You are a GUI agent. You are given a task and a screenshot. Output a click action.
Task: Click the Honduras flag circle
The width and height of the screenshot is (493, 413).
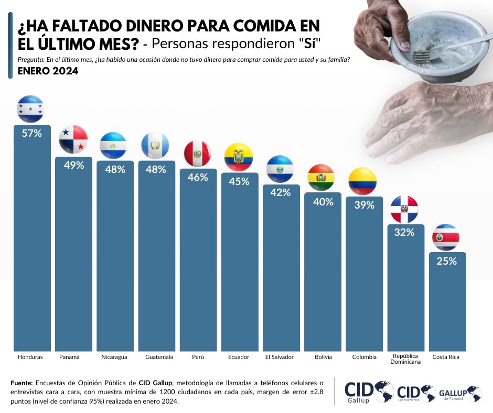[30, 109]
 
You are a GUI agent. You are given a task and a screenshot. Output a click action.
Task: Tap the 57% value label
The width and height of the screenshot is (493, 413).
[31, 134]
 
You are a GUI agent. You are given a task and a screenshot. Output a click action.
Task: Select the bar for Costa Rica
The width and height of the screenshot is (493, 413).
[447, 304]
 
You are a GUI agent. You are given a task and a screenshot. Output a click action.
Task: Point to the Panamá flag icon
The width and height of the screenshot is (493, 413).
[73, 139]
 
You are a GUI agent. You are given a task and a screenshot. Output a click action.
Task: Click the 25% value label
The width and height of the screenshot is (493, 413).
[447, 261]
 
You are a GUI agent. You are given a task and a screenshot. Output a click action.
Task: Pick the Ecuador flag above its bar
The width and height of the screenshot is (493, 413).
[239, 156]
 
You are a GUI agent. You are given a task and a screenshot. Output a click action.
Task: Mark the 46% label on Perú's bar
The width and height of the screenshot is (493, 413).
[198, 178]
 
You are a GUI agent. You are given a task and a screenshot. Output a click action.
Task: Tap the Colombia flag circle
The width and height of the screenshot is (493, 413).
[362, 180]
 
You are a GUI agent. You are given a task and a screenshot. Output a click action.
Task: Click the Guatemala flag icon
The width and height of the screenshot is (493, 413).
[156, 145]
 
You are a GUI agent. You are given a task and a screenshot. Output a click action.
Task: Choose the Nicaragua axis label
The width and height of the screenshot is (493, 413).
[114, 357]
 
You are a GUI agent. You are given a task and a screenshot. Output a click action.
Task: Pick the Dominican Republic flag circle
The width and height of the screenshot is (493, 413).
[405, 209]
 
